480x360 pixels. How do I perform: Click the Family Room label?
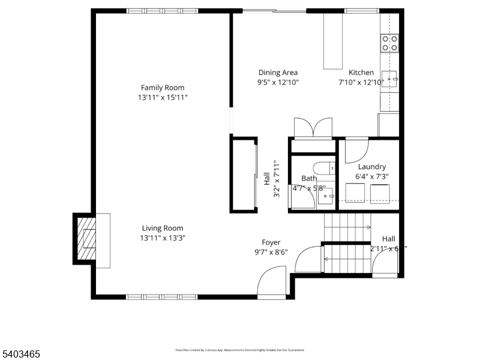click(x=163, y=88)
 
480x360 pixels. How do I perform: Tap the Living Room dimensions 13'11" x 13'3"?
click(x=163, y=238)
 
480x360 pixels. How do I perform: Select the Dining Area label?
click(x=278, y=73)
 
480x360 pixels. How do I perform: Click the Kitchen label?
click(x=361, y=73)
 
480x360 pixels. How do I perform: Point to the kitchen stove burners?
click(x=390, y=42)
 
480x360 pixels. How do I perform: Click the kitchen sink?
click(x=389, y=78)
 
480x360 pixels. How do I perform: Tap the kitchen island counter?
click(x=332, y=41)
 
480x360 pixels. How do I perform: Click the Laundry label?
click(x=372, y=167)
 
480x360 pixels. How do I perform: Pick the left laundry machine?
click(x=356, y=193)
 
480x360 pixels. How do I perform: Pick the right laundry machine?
click(x=381, y=193)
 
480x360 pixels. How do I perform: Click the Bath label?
click(x=309, y=178)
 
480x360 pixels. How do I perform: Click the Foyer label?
click(x=271, y=242)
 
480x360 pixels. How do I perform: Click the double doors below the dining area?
click(x=313, y=128)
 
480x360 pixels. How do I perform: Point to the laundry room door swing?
click(x=356, y=150)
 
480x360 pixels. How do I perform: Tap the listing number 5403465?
click(x=21, y=355)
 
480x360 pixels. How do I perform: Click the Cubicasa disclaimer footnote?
click(x=240, y=349)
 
